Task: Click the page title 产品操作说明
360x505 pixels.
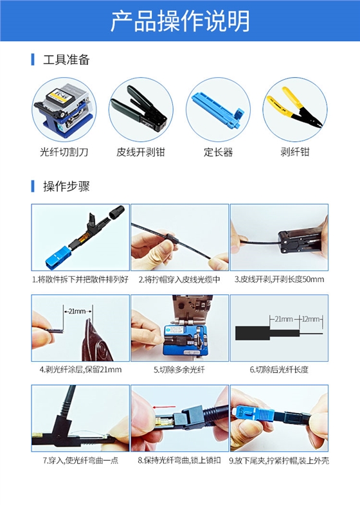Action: (180, 21)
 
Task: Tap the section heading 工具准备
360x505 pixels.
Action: (66, 60)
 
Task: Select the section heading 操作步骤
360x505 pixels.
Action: (66, 186)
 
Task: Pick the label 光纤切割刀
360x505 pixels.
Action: (64, 152)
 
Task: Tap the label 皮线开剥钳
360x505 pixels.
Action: (141, 152)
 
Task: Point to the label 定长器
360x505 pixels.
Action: (218, 152)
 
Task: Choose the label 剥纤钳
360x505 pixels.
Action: (294, 152)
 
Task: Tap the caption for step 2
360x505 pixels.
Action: (179, 279)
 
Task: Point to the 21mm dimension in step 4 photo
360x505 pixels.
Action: (78, 311)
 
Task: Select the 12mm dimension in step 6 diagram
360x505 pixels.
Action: (311, 319)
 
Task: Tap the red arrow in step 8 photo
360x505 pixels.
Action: (164, 407)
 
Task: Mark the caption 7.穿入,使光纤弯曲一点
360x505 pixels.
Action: (81, 460)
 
